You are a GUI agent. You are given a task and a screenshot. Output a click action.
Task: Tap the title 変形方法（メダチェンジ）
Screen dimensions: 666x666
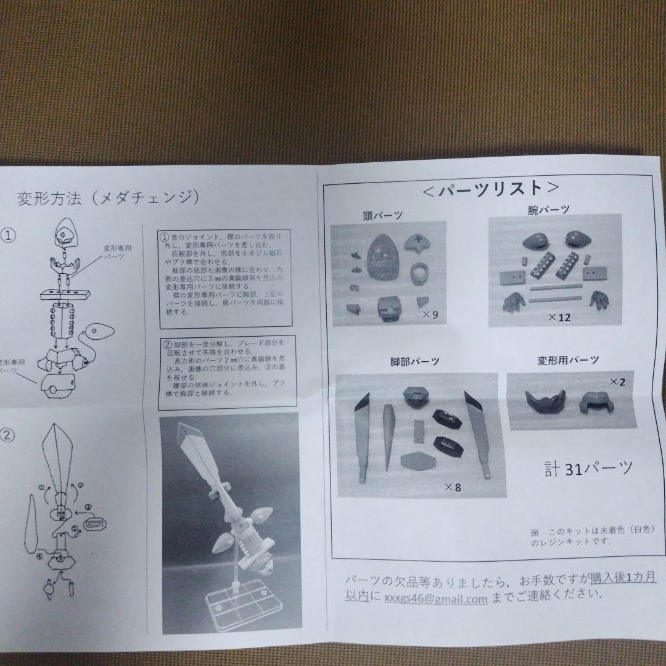tap(108, 198)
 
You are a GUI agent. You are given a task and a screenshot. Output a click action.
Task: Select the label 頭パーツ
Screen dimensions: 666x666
tap(383, 215)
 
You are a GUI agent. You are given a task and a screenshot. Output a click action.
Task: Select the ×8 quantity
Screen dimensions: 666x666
tap(453, 488)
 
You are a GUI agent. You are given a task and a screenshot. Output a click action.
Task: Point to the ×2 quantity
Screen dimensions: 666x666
tap(617, 382)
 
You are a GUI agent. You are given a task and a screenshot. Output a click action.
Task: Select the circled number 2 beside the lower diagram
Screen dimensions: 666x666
tap(7, 435)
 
